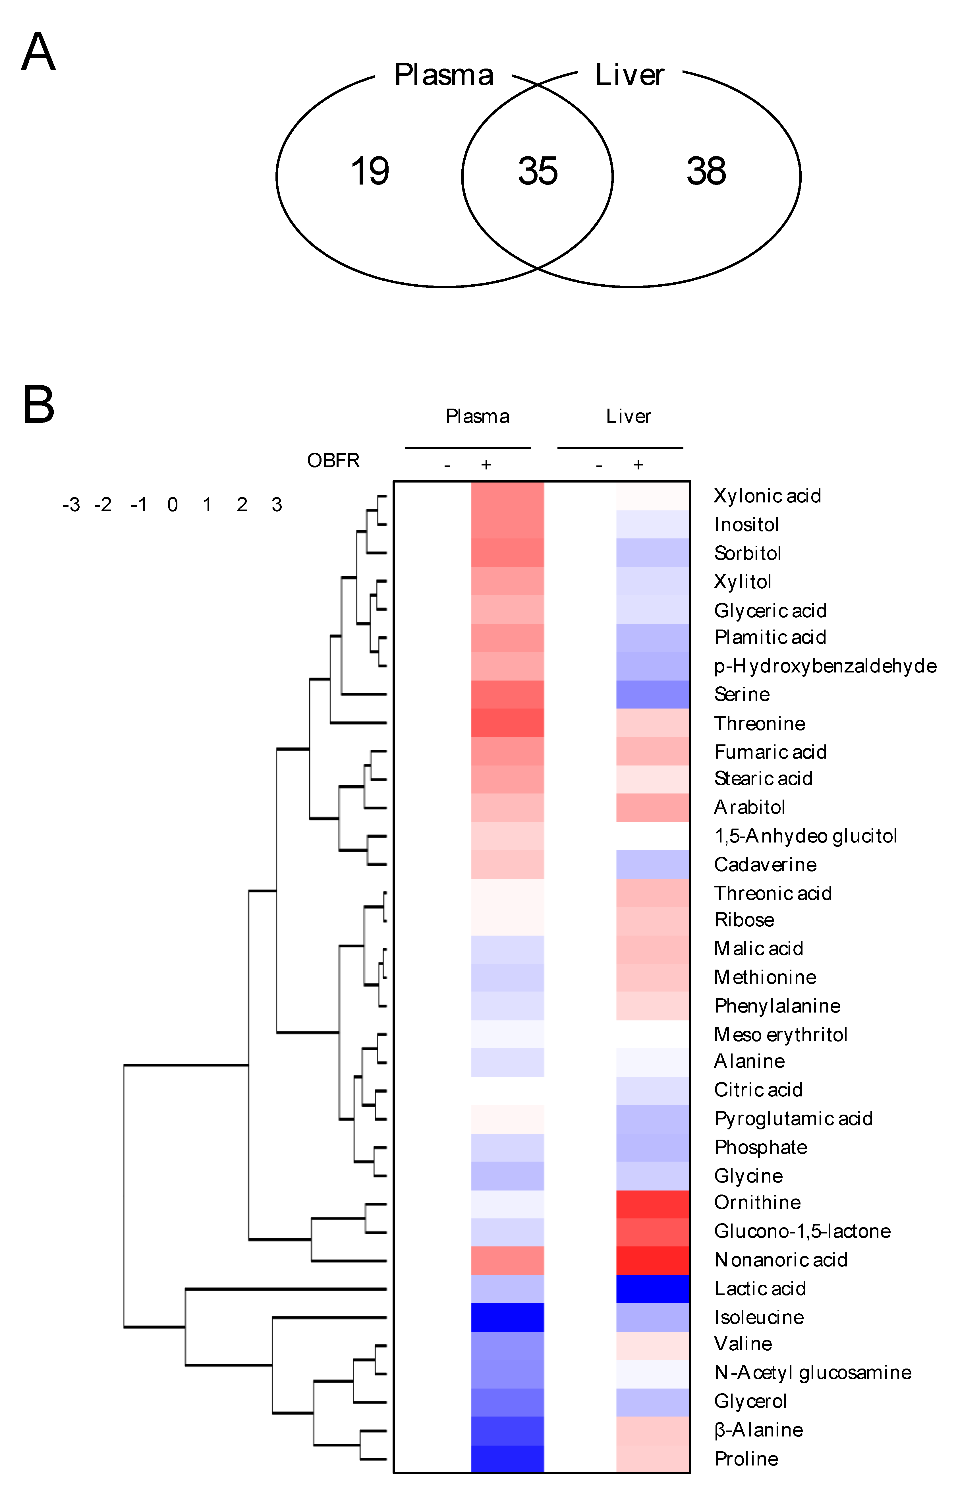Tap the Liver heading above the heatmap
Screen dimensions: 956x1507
click(628, 416)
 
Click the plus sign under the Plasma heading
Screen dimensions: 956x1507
click(486, 464)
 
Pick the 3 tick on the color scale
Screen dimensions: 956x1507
click(277, 504)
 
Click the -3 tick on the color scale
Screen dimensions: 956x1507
click(71, 504)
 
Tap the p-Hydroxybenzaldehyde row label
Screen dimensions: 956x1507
click(825, 666)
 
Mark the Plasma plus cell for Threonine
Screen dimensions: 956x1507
click(507, 723)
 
